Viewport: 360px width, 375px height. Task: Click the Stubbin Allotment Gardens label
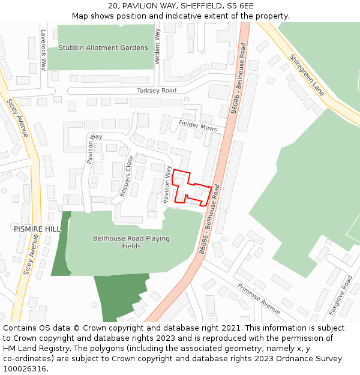point(103,48)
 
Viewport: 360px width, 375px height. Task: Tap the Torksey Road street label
point(157,91)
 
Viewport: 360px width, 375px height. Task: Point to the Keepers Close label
point(126,176)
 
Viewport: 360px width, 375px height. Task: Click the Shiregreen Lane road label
point(307,75)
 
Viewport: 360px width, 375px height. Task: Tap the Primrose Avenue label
point(259,299)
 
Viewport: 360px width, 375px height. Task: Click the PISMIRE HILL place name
point(37,229)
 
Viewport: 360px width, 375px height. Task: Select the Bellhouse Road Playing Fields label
point(131,242)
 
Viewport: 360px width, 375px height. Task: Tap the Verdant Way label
point(158,47)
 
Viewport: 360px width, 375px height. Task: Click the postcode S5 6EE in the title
point(240,6)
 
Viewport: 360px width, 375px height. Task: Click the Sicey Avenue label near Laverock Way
point(18,118)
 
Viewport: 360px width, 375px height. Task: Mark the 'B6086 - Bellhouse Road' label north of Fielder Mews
point(239,79)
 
